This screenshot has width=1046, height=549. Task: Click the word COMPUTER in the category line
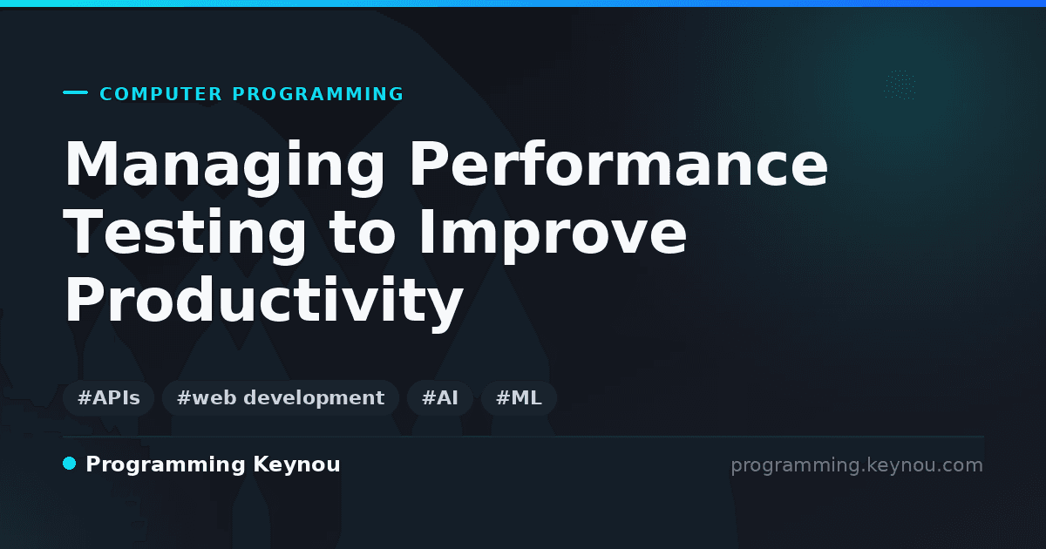pos(160,94)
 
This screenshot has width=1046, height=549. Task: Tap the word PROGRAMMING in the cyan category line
pos(317,94)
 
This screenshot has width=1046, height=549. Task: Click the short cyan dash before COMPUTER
pos(75,92)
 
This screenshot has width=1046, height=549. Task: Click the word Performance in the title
pos(618,164)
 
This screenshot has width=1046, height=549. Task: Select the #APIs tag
pos(108,398)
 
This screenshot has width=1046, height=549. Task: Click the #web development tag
pos(280,398)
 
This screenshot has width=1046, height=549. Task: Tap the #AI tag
pos(440,398)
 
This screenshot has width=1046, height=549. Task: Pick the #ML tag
pos(519,398)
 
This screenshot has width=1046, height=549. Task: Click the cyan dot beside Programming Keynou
pos(70,464)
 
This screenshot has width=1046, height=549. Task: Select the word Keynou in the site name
pos(296,464)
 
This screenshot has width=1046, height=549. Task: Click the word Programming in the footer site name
pos(166,465)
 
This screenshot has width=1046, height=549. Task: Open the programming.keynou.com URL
pos(857,465)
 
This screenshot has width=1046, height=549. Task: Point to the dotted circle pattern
pos(900,85)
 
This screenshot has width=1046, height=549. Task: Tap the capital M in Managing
pos(90,163)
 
